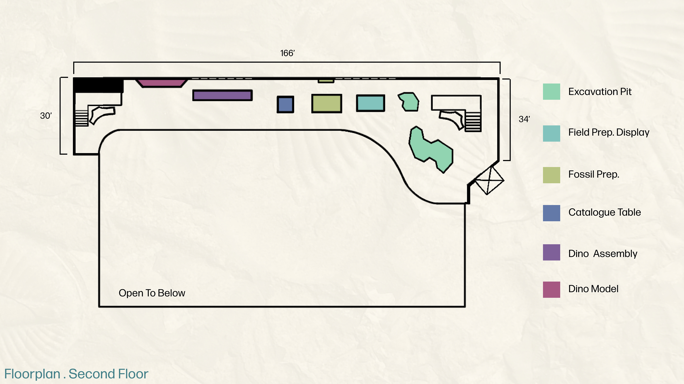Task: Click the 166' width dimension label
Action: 287,53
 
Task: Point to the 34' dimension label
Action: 524,119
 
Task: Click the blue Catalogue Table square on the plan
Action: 285,104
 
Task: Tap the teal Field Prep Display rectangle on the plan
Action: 370,103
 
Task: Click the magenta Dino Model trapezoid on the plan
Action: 161,83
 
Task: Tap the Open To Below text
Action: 152,293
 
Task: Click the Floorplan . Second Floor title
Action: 76,374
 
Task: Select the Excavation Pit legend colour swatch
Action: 551,92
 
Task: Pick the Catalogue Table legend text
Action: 604,212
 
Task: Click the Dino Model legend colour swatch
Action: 551,290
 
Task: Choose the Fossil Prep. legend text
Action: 594,174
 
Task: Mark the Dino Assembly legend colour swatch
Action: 551,252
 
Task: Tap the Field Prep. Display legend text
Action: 609,132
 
